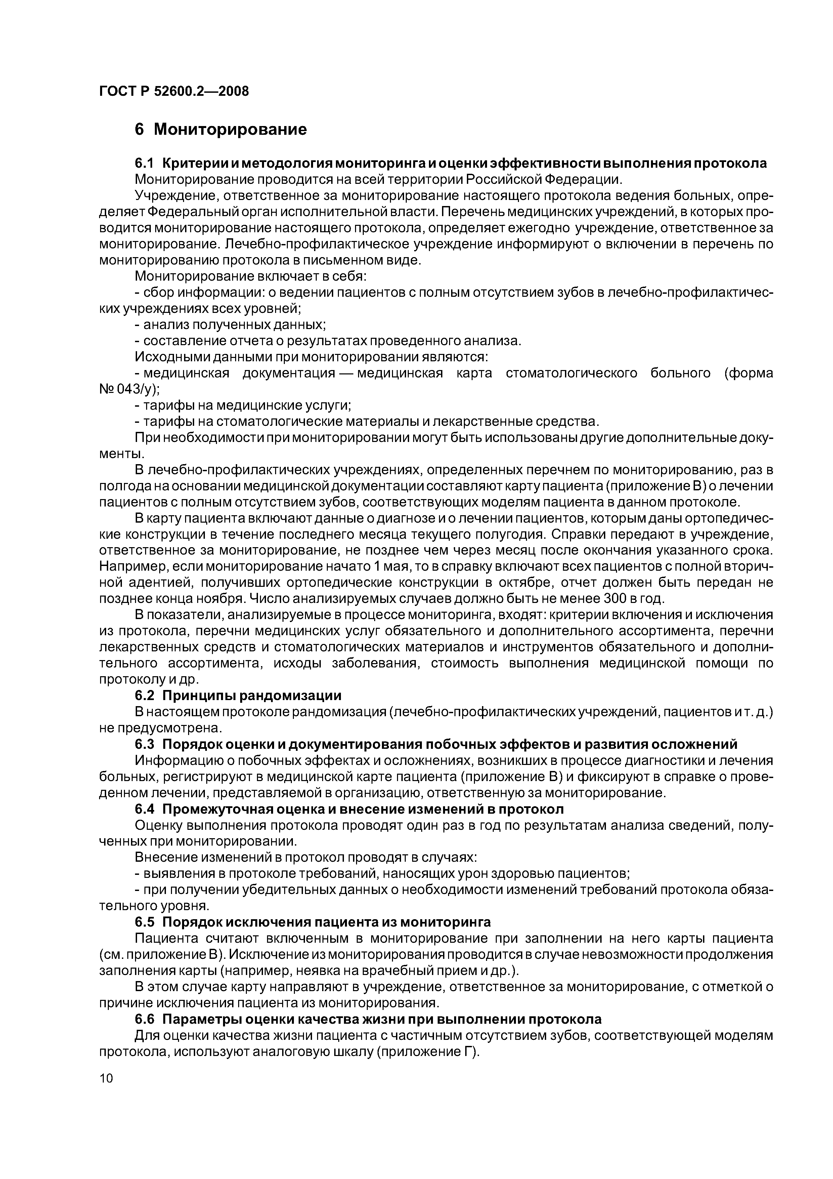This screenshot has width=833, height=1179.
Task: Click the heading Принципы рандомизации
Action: (252, 695)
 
